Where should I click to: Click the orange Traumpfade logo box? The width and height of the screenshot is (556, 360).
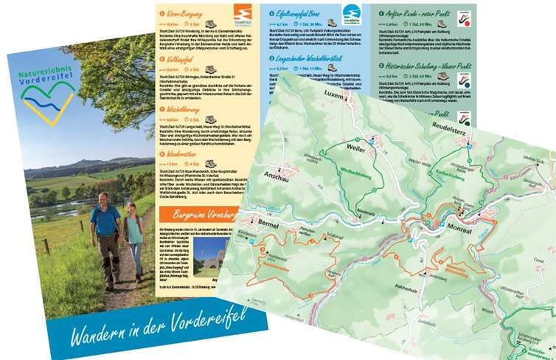[242, 14]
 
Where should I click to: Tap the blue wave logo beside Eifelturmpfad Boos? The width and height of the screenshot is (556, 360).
[351, 15]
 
